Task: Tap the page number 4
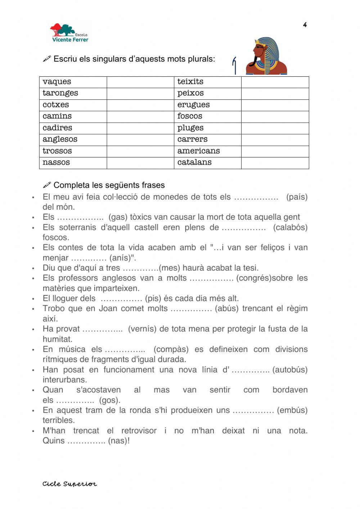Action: [x=305, y=25]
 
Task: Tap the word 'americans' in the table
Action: [x=198, y=151]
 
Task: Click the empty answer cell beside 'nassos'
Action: [x=140, y=163]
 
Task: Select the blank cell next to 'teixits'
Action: [x=275, y=82]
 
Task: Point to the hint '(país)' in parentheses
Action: [x=297, y=197]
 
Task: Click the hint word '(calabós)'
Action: [x=290, y=227]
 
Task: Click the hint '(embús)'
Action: [x=292, y=410]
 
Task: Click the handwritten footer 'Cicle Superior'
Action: [x=69, y=484]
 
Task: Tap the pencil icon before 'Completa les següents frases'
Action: [x=47, y=185]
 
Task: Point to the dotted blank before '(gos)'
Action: [x=75, y=400]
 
